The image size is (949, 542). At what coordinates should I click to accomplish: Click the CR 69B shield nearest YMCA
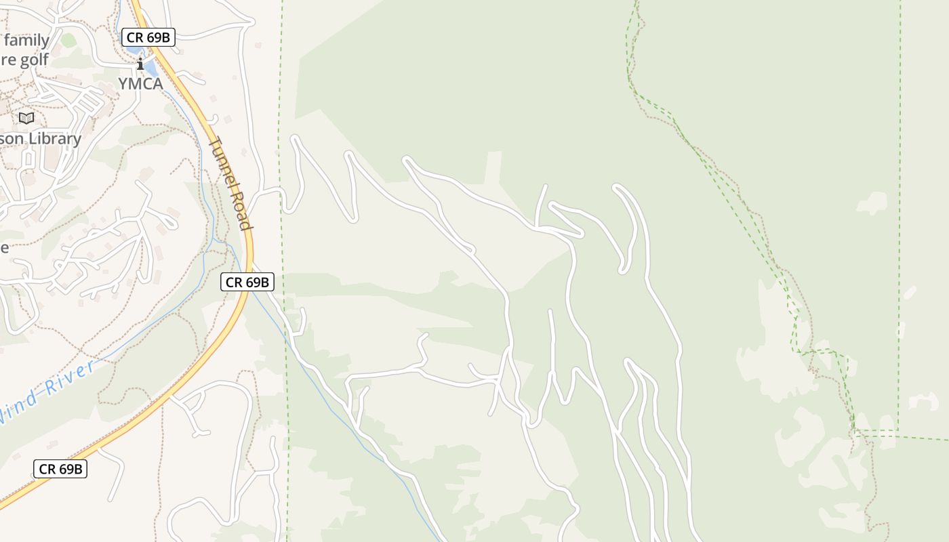point(148,37)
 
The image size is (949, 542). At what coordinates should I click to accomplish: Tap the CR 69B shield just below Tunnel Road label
point(247,282)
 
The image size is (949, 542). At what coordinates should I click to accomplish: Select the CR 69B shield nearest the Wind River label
point(60,468)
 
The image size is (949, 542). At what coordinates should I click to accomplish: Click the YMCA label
point(140,83)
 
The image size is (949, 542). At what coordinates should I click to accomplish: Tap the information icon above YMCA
point(140,64)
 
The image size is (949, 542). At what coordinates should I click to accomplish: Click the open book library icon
point(26,118)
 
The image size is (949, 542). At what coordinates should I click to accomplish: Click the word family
point(27,40)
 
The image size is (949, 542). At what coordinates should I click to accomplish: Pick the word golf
point(34,60)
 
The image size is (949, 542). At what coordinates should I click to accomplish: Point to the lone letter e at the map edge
point(4,247)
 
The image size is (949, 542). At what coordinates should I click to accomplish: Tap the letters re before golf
point(7,60)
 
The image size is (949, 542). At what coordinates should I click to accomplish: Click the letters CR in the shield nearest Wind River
point(47,468)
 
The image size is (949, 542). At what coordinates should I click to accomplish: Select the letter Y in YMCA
point(123,83)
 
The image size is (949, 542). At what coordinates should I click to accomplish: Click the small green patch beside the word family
point(68,41)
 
